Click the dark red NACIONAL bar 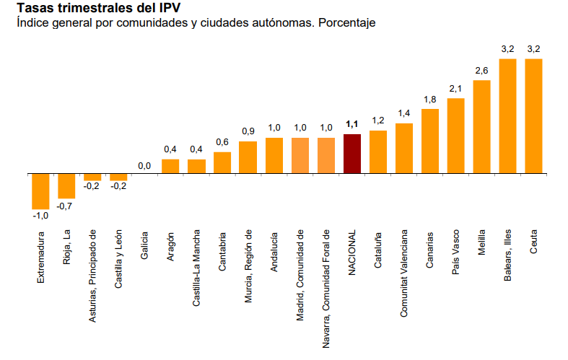point(351,154)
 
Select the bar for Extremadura point(40,190)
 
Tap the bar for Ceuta point(533,115)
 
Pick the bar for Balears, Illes point(507,115)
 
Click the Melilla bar point(481,126)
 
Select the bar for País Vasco point(455,136)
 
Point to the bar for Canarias point(429,141)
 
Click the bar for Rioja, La point(66,185)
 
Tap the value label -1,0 point(40,215)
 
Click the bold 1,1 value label point(351,123)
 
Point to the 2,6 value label point(481,70)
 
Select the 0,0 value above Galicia point(144,166)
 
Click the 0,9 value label point(248,131)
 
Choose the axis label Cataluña point(378,250)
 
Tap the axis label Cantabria point(222,252)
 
